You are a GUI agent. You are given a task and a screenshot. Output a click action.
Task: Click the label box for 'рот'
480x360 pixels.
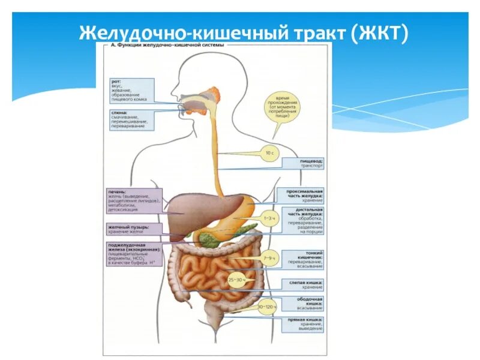pyautogui.click(x=131, y=90)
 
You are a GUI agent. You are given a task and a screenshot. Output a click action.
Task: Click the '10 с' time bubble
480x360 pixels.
pyautogui.click(x=269, y=154)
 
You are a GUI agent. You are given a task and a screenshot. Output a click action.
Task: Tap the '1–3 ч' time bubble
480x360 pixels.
pyautogui.click(x=268, y=219)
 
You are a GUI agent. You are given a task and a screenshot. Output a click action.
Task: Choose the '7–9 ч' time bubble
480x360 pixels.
pyautogui.click(x=268, y=258)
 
